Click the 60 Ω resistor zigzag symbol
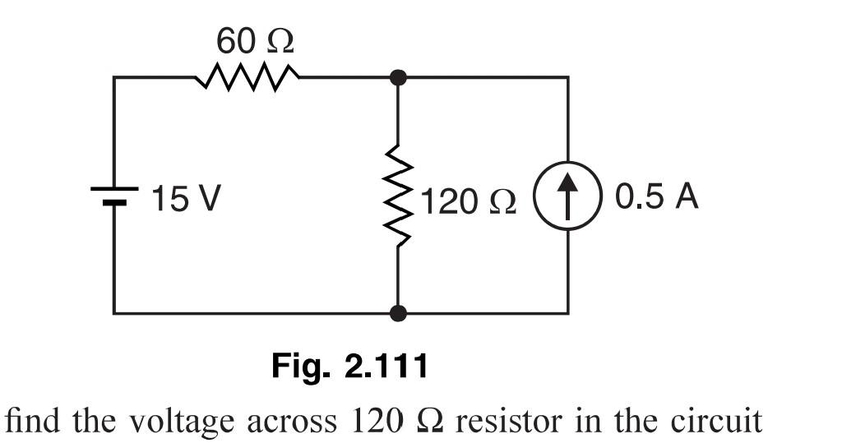[x=247, y=78]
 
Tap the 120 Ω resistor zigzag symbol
[x=398, y=196]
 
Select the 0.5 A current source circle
[x=568, y=197]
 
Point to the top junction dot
[x=398, y=78]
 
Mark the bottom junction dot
[x=398, y=313]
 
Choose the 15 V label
[x=186, y=199]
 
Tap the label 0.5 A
[x=656, y=197]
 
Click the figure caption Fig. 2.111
[x=350, y=366]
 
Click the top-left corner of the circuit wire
[x=114, y=78]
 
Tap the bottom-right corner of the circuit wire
[x=567, y=313]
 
